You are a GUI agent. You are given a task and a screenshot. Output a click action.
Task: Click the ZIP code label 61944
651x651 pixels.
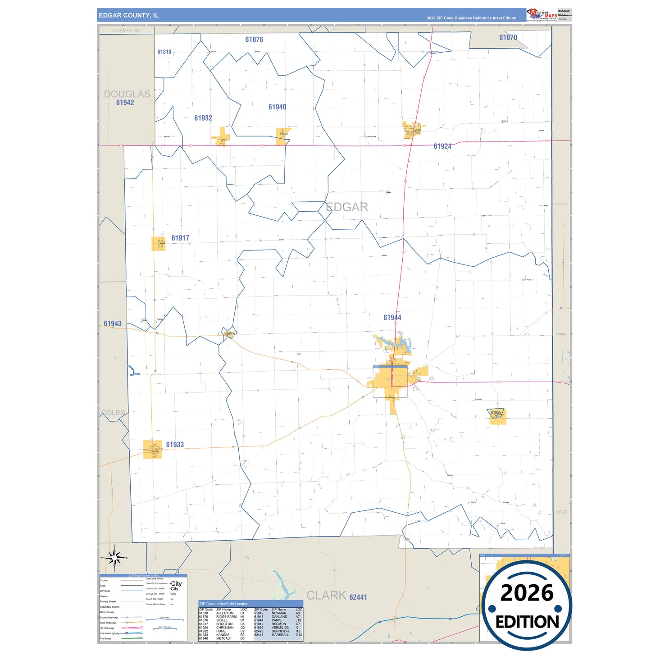tap(392, 318)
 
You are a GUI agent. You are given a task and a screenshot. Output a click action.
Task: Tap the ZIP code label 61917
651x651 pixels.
tap(180, 238)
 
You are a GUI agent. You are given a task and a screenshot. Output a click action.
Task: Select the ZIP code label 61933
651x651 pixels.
tap(175, 445)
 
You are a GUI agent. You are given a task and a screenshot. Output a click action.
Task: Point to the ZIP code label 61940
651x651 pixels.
tap(277, 107)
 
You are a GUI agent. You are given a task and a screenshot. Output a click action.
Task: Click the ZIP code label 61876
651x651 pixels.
tap(254, 40)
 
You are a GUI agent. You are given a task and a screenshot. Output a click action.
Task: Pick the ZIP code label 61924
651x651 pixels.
tap(442, 146)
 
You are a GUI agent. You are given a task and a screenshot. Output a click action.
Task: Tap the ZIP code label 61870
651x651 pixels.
tap(508, 38)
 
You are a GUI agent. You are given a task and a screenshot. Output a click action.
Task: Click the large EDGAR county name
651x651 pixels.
tap(346, 207)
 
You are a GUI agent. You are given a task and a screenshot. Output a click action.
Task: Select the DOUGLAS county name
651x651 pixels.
tap(127, 94)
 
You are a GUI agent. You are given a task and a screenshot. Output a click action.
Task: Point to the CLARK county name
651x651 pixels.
tap(326, 596)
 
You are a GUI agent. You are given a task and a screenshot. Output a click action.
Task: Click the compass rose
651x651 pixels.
tap(114, 558)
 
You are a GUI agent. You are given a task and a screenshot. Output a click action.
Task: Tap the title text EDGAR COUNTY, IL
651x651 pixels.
tap(129, 15)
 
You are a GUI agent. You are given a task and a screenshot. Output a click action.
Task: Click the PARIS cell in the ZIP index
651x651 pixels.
tap(276, 620)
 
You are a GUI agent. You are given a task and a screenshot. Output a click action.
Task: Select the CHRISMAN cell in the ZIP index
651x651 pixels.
tap(225, 628)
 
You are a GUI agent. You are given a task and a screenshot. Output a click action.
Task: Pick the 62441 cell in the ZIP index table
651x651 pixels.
tap(259, 635)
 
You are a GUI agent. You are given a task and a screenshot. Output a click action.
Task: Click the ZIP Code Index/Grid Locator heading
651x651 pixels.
tap(223, 604)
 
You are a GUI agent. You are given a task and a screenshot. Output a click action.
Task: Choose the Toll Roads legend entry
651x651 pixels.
tap(106, 638)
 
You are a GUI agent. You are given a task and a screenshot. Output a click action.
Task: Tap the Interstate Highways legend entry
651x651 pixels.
tap(110, 633)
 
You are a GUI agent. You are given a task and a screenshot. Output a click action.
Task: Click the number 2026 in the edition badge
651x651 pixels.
tap(527, 593)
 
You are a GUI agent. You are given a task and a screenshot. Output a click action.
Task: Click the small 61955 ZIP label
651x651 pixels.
tap(496, 413)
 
